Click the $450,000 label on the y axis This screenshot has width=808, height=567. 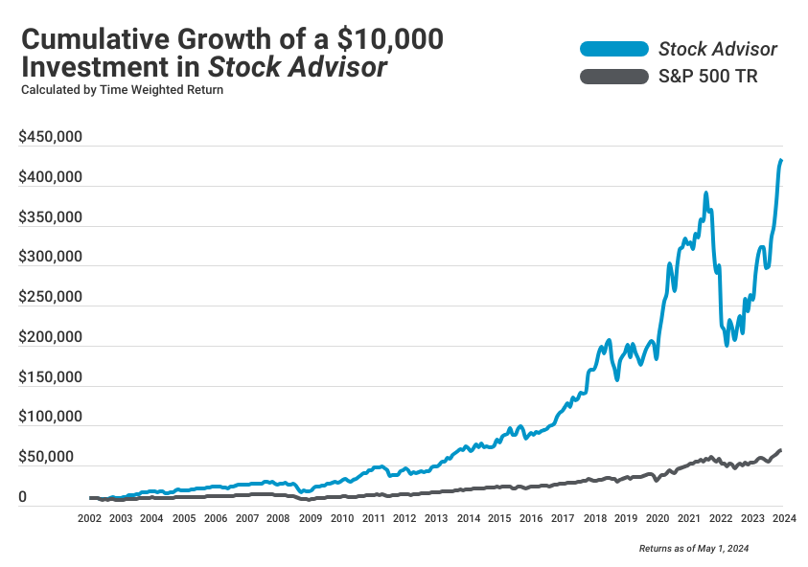(x=50, y=138)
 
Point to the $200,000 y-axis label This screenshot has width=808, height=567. (x=50, y=338)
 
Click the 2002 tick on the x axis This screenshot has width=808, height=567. (x=89, y=518)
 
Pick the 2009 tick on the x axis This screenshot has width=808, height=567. (x=310, y=518)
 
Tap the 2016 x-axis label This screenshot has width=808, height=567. (x=530, y=518)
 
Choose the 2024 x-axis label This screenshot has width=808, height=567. (x=782, y=518)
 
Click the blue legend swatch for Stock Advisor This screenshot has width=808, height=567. (x=614, y=49)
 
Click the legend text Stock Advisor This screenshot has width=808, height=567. (x=718, y=49)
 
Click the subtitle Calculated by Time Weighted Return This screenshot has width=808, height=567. (x=122, y=91)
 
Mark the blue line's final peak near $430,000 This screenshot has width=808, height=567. (x=781, y=160)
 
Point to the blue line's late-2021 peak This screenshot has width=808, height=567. (x=705, y=193)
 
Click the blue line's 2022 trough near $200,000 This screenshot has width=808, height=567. (x=727, y=344)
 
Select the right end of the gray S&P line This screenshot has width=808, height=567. (x=781, y=450)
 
